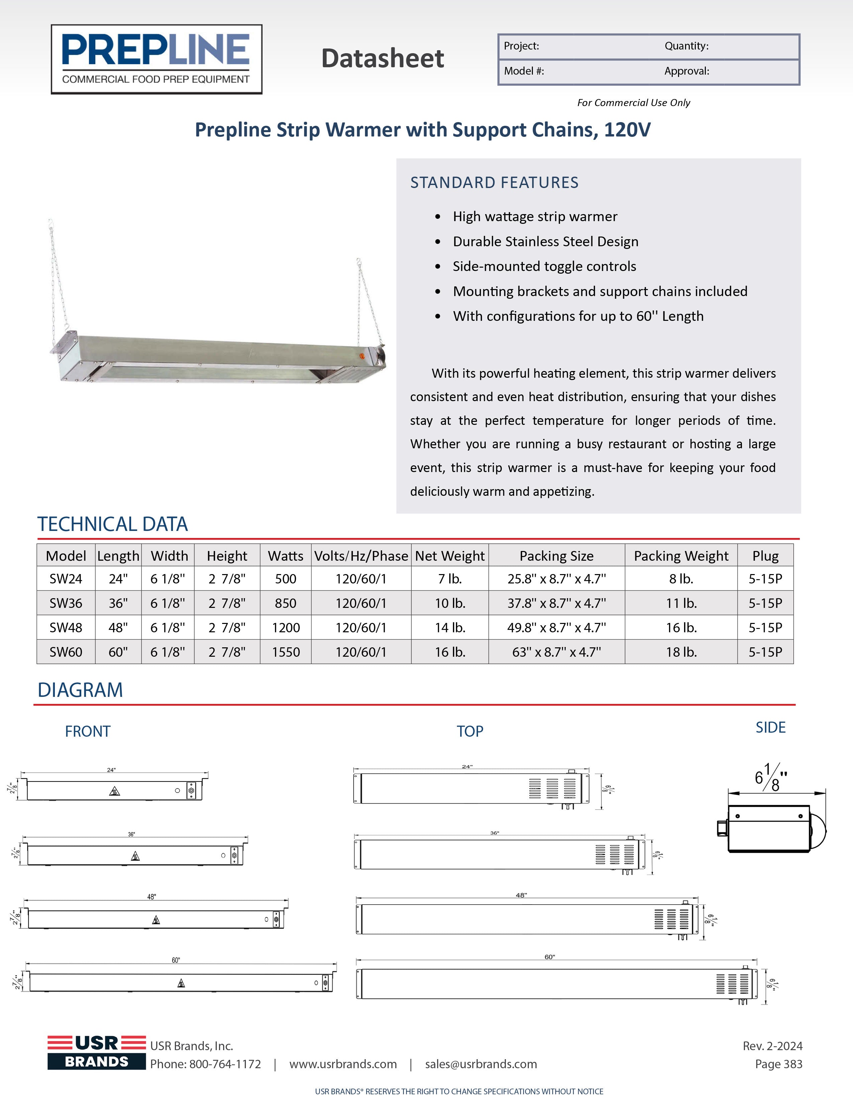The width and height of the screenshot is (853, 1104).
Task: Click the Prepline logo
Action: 156,59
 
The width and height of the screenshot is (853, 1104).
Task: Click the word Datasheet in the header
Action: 383,59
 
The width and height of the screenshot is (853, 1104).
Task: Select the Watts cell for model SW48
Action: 286,628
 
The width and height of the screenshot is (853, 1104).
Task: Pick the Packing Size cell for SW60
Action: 556,652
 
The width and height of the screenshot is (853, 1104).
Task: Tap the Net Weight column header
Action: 450,556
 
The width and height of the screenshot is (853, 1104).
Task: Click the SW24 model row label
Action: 66,579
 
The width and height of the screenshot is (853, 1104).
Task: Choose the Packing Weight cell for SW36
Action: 681,603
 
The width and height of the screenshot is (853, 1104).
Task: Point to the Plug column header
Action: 765,556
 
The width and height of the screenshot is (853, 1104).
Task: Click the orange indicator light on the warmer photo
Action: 362,356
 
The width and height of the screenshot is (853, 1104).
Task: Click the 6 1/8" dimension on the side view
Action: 771,777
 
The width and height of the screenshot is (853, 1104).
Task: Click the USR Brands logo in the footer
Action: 97,1052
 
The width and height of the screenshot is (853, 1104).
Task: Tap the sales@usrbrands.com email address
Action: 481,1064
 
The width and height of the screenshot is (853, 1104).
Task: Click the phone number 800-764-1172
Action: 225,1064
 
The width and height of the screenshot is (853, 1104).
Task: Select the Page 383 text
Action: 778,1064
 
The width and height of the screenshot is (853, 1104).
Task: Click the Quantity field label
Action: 686,46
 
